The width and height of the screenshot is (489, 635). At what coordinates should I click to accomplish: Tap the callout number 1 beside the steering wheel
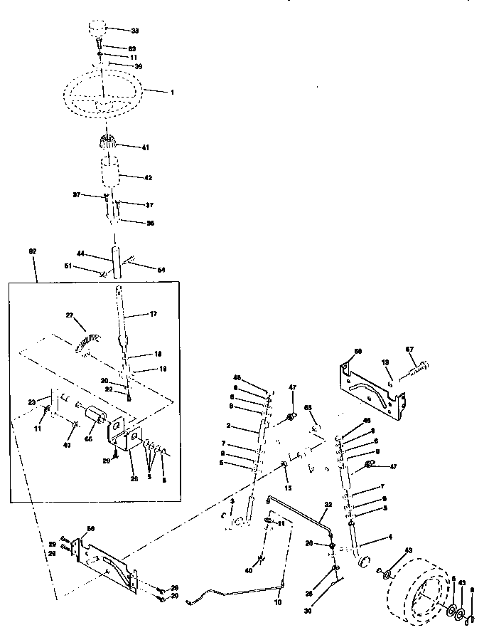click(172, 93)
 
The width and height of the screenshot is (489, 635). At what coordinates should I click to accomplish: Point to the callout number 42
click(148, 177)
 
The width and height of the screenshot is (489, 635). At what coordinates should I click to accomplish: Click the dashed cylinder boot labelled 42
click(110, 174)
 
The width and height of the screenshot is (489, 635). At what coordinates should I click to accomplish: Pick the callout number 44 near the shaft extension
click(80, 253)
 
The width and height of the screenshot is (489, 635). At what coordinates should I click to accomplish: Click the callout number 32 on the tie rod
click(328, 504)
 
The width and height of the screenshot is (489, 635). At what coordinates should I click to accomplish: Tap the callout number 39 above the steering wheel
click(139, 65)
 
